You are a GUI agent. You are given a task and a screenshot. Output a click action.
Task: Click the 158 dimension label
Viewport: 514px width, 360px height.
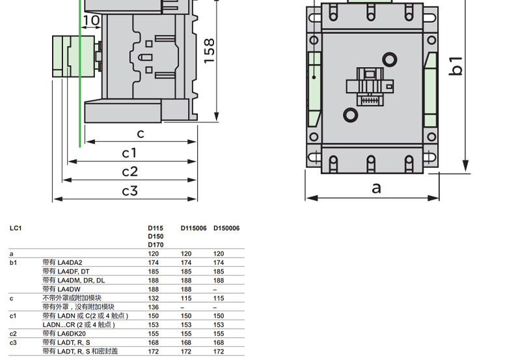coord(209,50)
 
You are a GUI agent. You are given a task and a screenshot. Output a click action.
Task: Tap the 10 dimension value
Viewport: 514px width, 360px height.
coord(91,21)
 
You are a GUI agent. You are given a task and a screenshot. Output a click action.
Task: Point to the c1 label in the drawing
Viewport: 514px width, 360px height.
coord(130,153)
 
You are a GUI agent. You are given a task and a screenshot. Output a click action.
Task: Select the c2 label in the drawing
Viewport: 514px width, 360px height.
coord(130,172)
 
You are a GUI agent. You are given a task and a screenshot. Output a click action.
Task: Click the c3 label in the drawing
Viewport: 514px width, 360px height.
coord(130,191)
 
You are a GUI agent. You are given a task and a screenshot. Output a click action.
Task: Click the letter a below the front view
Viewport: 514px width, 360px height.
coord(376,188)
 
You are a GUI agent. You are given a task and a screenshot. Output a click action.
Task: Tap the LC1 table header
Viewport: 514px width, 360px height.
coord(16,228)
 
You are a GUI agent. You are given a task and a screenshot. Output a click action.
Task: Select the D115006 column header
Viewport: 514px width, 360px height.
coord(193,228)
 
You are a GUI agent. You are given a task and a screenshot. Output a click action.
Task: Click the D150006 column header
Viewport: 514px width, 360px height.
coord(226,228)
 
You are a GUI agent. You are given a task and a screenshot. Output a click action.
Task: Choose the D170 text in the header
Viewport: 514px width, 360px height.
coord(156,245)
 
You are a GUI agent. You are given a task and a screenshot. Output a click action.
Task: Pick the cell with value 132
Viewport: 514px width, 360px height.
coord(154,298)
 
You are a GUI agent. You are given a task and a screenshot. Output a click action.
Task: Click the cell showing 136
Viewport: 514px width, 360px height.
coord(154,307)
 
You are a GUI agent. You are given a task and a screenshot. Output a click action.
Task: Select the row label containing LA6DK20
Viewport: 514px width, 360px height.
coord(64,333)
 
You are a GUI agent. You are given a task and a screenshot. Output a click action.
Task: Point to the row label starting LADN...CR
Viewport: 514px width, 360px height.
coord(79,324)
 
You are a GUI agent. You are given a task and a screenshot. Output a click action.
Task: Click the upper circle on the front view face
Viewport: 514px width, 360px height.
coord(389,61)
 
